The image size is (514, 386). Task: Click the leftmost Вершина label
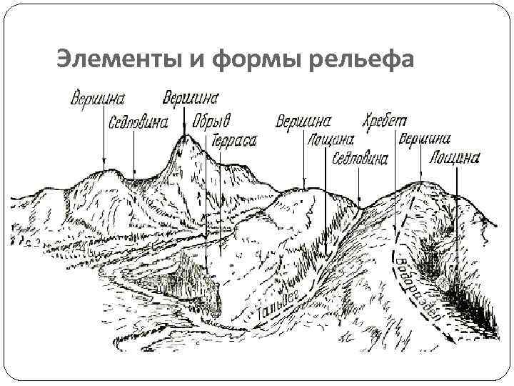click(99, 98)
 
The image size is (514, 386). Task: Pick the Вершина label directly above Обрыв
click(191, 96)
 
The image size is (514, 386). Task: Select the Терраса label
click(234, 142)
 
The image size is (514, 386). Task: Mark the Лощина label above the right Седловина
click(329, 139)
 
